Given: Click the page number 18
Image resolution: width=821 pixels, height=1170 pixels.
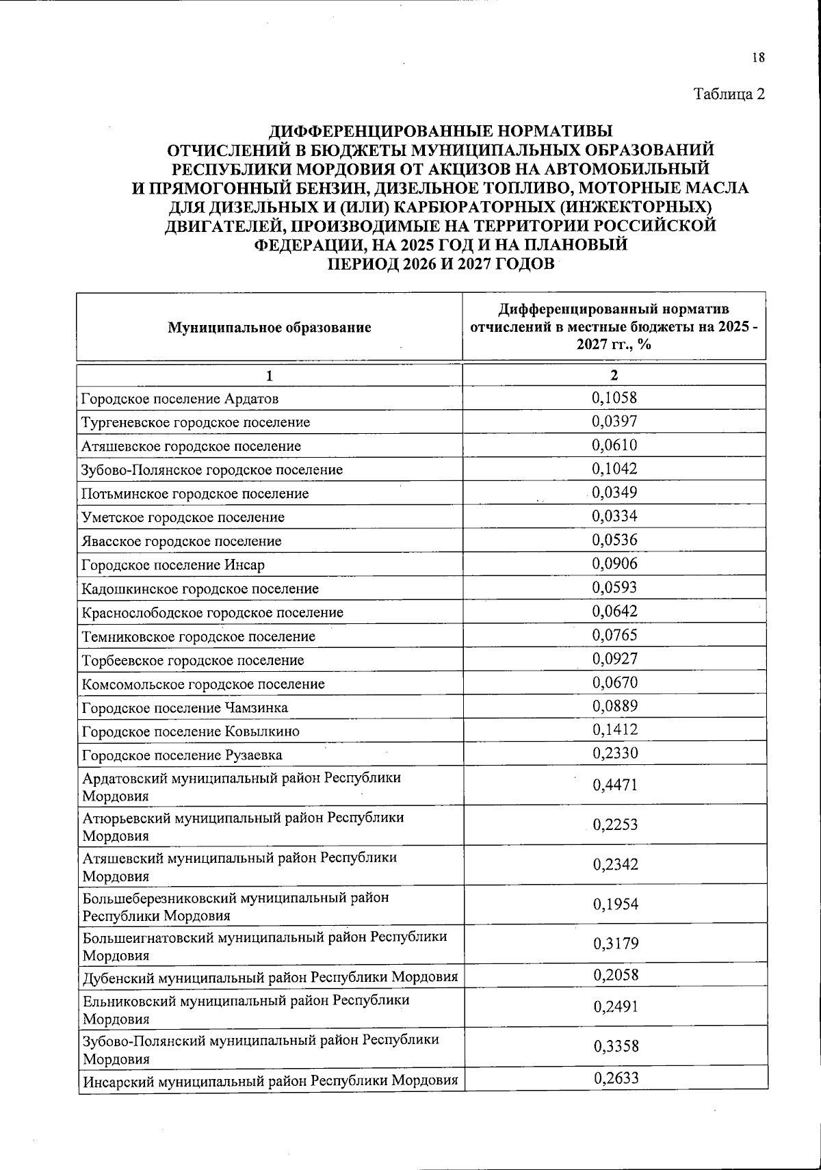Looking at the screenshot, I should pos(757,57).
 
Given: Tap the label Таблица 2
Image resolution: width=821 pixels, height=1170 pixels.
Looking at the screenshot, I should pos(729,94).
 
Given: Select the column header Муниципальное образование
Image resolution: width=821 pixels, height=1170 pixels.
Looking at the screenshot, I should pos(270,327).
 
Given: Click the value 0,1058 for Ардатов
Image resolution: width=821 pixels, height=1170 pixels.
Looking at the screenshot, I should pos(614,398).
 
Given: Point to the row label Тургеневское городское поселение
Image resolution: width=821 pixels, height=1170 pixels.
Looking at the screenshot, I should pos(196,422).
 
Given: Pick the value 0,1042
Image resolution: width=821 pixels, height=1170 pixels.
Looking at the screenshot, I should pos(614,469).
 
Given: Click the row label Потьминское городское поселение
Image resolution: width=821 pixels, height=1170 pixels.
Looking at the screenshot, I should pos(195,493).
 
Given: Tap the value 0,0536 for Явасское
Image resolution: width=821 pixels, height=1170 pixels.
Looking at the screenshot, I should pos(614,540).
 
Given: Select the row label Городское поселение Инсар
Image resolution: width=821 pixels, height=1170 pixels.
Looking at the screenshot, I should pos(173,564).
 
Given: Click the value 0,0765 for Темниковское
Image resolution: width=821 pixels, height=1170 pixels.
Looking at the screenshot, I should pos(614,635).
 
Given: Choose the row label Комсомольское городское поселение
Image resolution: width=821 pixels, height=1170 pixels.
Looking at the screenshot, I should pos(203,684).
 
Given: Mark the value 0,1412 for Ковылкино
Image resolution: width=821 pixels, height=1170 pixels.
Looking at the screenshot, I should pos(614,730).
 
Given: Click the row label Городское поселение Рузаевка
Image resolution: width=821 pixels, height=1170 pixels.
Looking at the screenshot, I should pos(182,755).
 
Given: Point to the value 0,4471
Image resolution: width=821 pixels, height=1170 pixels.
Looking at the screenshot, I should pos(614,785).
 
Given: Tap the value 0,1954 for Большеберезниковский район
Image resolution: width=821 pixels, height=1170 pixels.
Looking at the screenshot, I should pos(614,904).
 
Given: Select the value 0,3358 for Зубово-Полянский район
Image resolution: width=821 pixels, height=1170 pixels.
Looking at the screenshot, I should pos(614,1046).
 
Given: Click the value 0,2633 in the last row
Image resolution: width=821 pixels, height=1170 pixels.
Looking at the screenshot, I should pos(614,1079).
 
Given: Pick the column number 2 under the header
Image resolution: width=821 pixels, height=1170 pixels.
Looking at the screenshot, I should pos(614,375).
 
